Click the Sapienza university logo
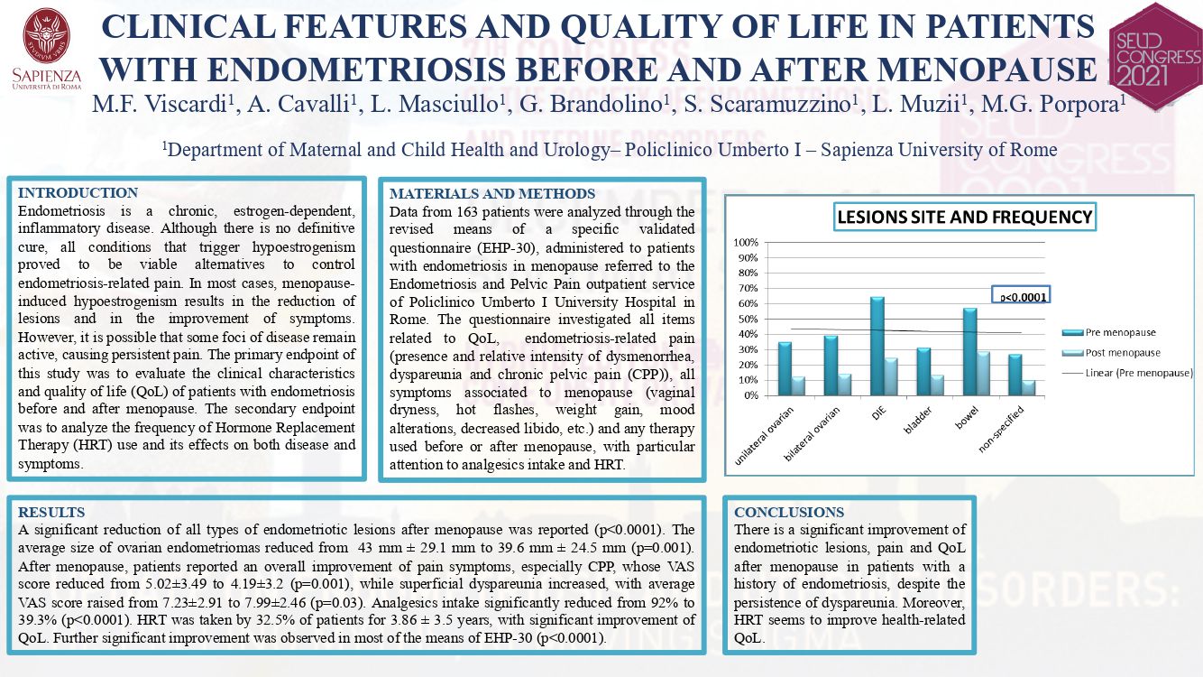tap(47, 50)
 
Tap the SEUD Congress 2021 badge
tap(1156, 56)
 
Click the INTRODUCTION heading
tap(78, 192)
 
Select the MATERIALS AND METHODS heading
tap(492, 193)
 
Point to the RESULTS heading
tap(51, 512)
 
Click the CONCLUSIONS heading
tap(789, 512)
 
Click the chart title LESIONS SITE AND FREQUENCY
tap(965, 217)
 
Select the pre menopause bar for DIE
tap(877, 347)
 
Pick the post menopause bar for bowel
tap(983, 374)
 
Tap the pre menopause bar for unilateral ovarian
tap(785, 369)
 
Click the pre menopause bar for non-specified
tap(1015, 375)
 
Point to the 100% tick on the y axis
tap(746, 243)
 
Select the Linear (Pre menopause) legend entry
tap(1126, 373)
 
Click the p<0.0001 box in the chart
tap(1020, 294)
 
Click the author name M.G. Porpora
tap(1052, 104)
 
